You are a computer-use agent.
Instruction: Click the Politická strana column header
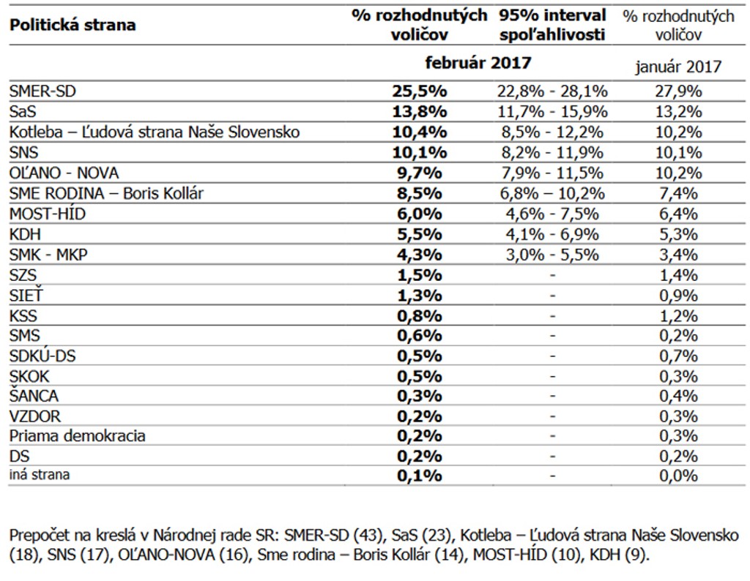(x=73, y=26)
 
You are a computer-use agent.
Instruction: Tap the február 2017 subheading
(x=478, y=63)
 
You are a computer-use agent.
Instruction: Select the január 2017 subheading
(x=678, y=67)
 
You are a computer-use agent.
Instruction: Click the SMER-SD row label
(x=42, y=91)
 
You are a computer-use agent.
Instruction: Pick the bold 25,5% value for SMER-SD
(x=419, y=91)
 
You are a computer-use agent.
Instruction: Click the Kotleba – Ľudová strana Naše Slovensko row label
(x=155, y=132)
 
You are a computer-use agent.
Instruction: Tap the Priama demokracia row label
(x=78, y=436)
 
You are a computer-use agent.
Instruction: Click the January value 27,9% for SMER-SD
(x=678, y=91)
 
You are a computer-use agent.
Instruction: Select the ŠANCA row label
(x=34, y=396)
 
